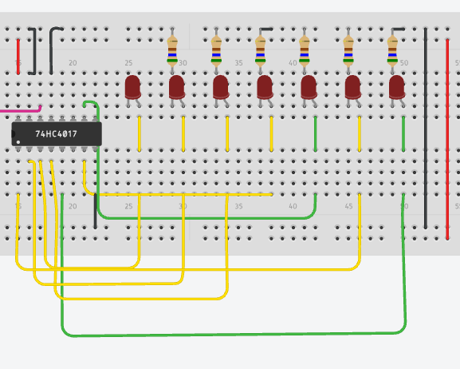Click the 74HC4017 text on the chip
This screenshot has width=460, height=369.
point(56,134)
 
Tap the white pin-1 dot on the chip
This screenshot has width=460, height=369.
point(18,142)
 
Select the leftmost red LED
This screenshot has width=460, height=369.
point(132,87)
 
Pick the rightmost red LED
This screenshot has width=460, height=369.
point(397,87)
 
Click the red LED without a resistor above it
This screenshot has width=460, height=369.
point(132,87)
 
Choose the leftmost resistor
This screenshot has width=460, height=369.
point(172,50)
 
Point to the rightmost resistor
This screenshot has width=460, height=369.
point(392,50)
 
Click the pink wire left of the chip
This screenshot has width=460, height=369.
point(21,110)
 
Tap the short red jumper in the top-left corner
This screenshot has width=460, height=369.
point(18,56)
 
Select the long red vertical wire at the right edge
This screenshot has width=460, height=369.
point(447,139)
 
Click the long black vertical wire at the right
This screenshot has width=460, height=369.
point(426,128)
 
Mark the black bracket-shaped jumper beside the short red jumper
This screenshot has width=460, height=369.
point(33,51)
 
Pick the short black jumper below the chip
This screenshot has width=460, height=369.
point(95,211)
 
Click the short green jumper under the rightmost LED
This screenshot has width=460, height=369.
point(403,133)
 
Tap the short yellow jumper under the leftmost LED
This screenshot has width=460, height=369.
point(139,133)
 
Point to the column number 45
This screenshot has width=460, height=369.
point(348,206)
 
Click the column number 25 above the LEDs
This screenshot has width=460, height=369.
point(128,63)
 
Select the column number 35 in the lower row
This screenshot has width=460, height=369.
point(238,206)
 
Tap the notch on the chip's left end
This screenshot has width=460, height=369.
point(13,134)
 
